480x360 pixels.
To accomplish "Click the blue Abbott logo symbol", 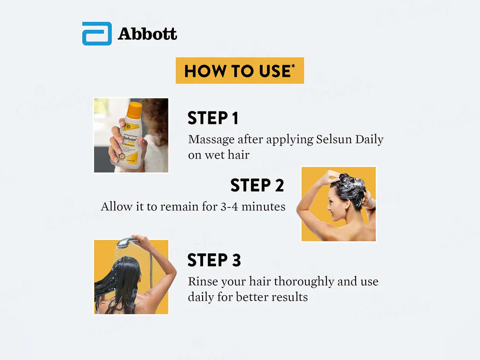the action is click(x=97, y=34).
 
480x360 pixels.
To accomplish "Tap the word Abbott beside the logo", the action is click(x=147, y=34).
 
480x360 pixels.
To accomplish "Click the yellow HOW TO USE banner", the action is click(x=240, y=71).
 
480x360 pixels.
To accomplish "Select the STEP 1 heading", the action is click(x=213, y=118).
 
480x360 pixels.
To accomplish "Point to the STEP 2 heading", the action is click(x=257, y=185).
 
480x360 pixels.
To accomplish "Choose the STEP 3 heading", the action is click(x=214, y=260).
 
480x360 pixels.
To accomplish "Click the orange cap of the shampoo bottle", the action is click(x=134, y=110).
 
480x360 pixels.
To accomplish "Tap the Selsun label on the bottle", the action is click(x=130, y=139).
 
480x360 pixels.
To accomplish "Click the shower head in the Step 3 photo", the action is click(x=125, y=242).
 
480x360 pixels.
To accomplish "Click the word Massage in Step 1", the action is click(x=212, y=140).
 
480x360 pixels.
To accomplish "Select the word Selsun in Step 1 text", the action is click(x=334, y=139).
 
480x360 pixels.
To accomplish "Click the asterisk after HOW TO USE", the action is click(x=293, y=66).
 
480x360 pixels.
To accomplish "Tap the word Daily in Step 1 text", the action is click(x=369, y=140).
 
